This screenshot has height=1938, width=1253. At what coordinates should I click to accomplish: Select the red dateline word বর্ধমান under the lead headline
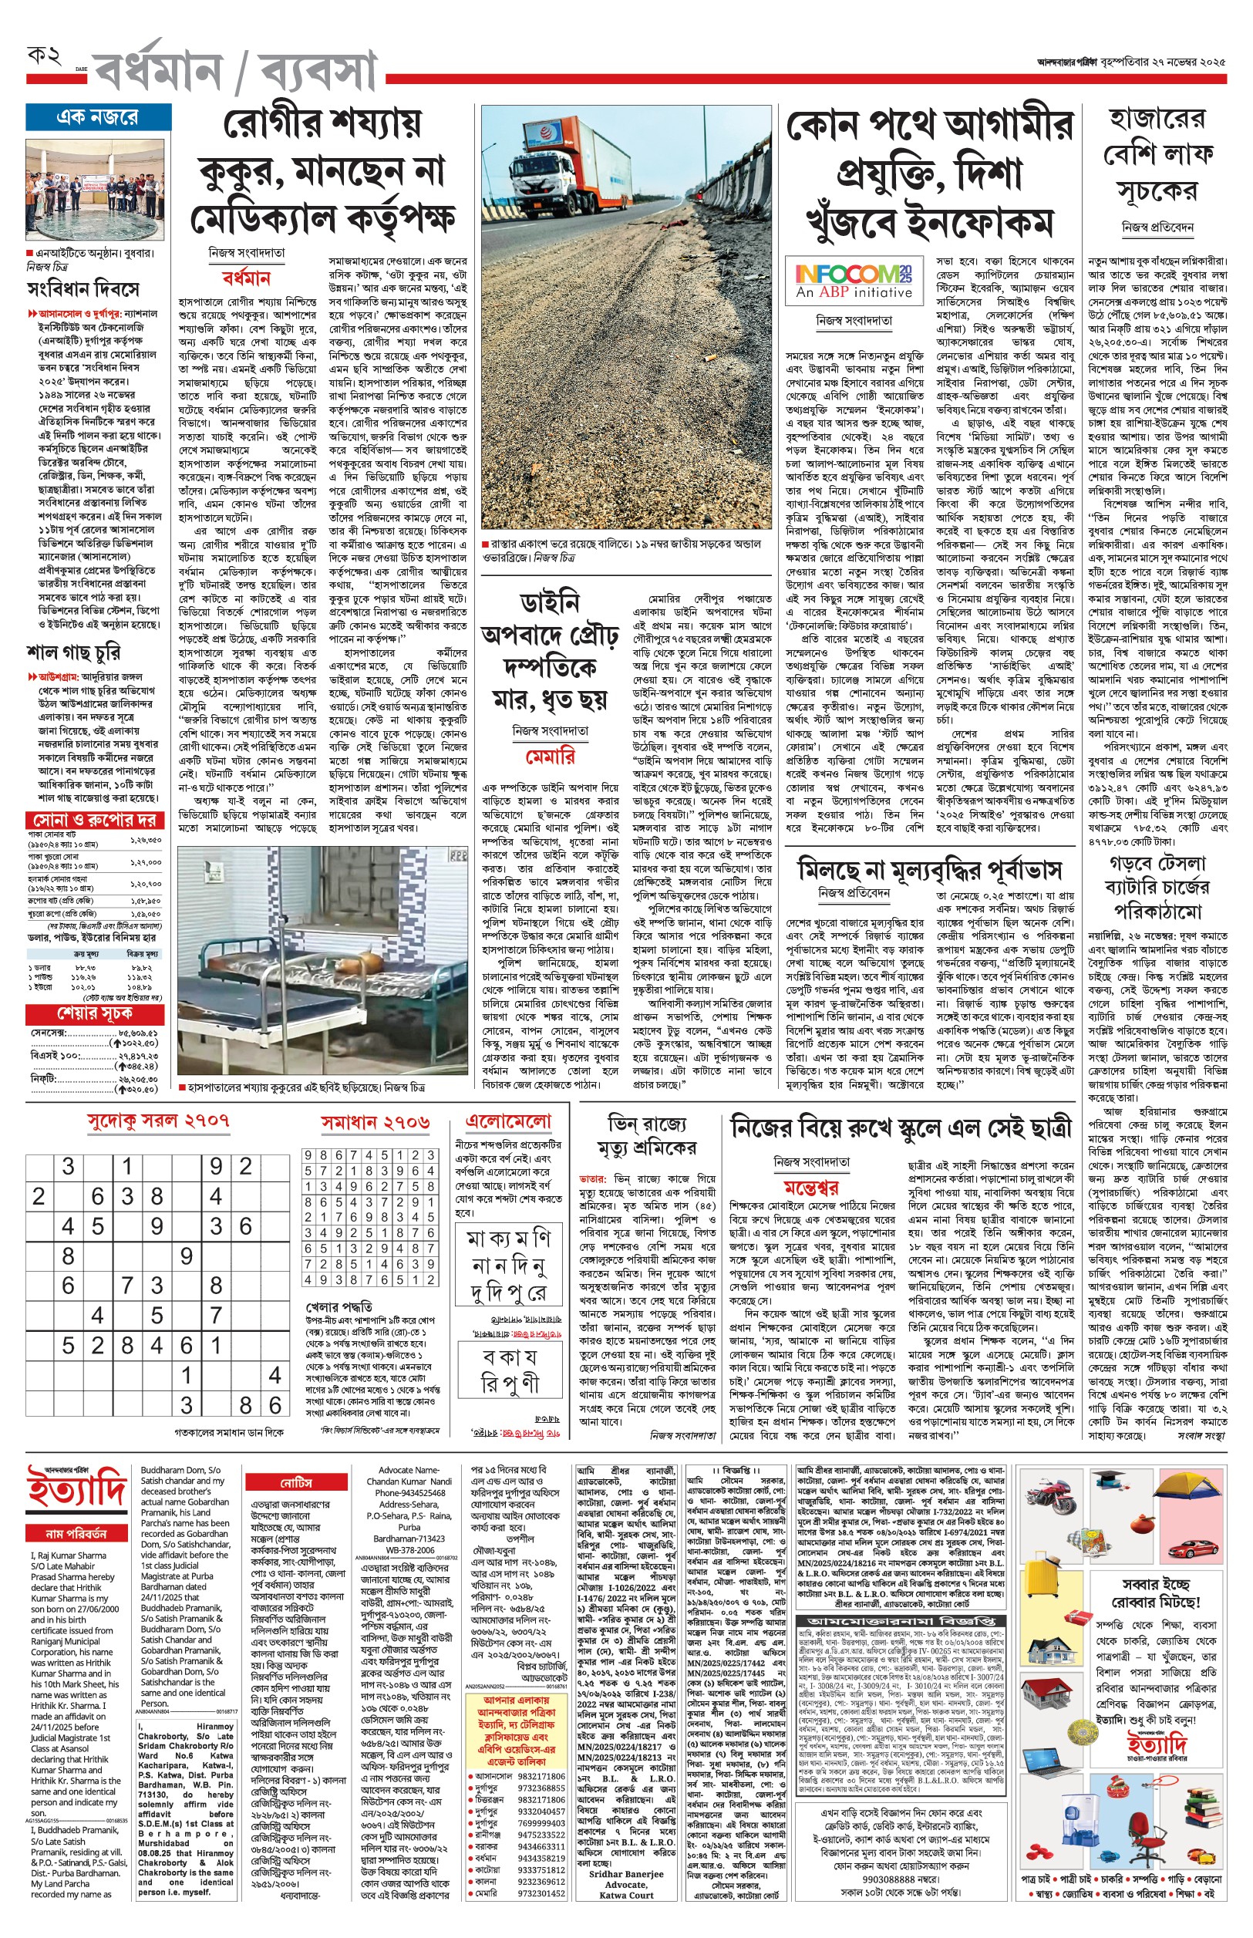[246, 278]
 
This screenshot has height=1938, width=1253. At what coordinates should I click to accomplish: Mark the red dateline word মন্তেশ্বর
[810, 1187]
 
